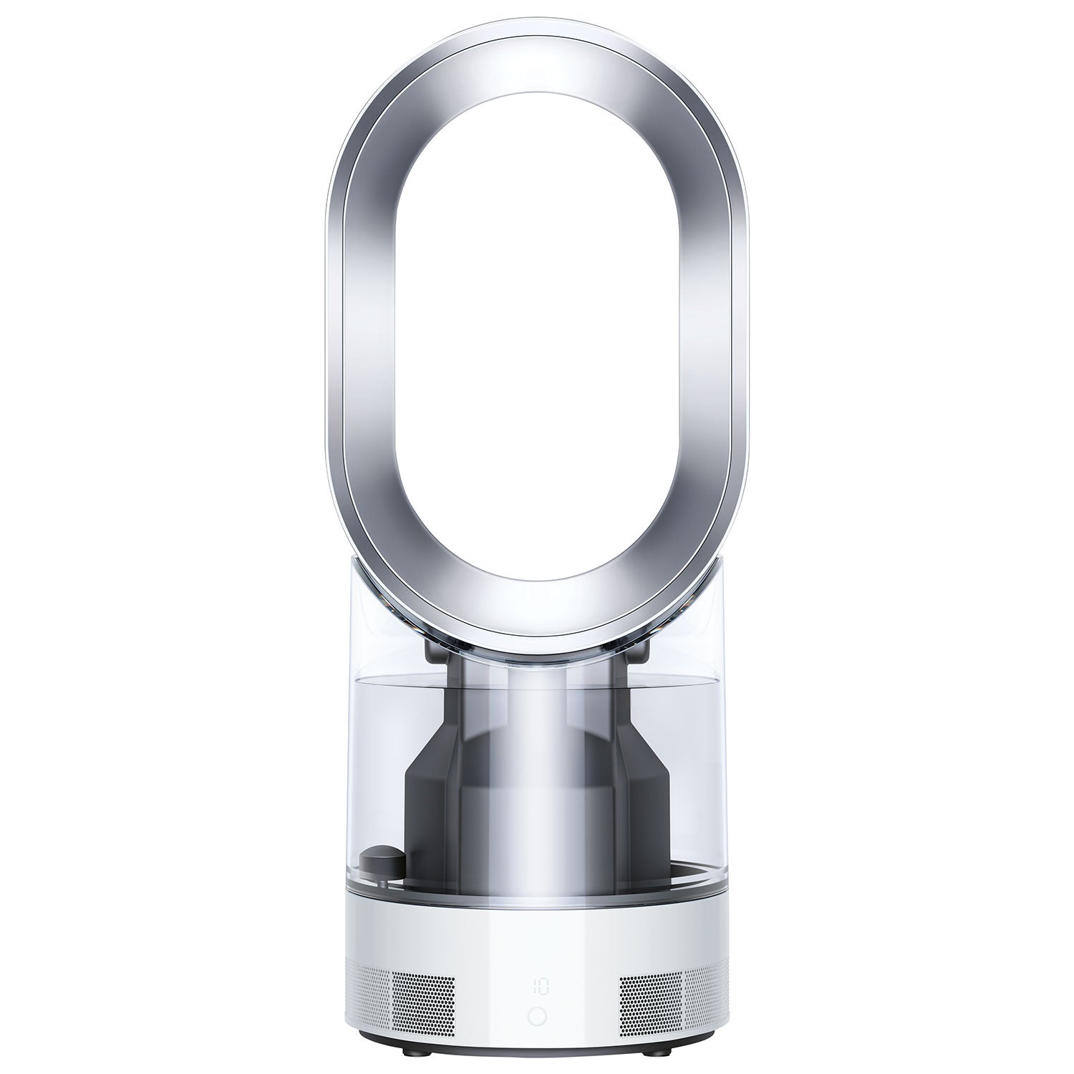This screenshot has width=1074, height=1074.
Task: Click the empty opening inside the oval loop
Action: click(x=537, y=322)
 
